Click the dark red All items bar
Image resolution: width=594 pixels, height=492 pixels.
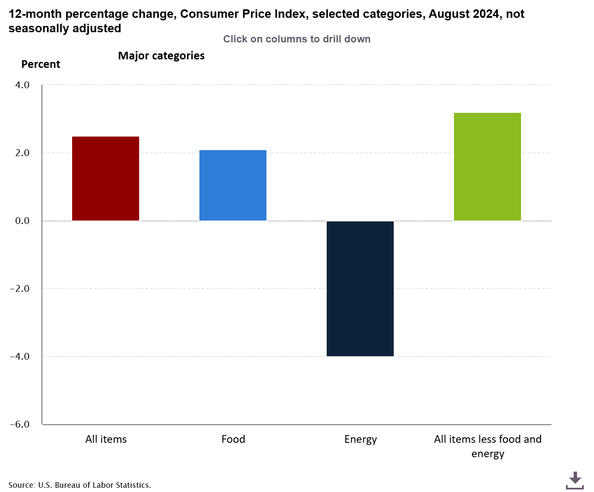point(106,179)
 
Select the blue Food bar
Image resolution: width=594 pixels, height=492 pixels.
point(233,185)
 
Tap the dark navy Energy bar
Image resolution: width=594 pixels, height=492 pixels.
point(360,288)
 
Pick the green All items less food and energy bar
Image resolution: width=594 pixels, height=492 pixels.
point(488,167)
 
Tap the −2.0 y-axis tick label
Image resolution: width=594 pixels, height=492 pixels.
point(20,288)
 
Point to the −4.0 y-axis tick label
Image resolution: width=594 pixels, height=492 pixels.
point(20,356)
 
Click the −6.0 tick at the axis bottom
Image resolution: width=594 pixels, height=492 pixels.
point(20,424)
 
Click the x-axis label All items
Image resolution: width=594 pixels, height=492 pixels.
point(106,439)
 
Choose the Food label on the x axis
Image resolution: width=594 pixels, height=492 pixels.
point(233,439)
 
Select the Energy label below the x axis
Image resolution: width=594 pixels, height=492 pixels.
point(361,439)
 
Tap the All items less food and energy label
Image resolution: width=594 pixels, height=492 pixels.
point(488,446)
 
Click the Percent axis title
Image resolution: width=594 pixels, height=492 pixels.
point(41,64)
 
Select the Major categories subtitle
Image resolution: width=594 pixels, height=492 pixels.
point(161,56)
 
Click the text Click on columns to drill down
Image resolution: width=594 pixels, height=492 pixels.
point(297,39)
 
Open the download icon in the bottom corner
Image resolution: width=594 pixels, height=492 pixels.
point(575,480)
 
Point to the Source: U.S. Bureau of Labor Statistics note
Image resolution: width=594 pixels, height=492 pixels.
point(80,485)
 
